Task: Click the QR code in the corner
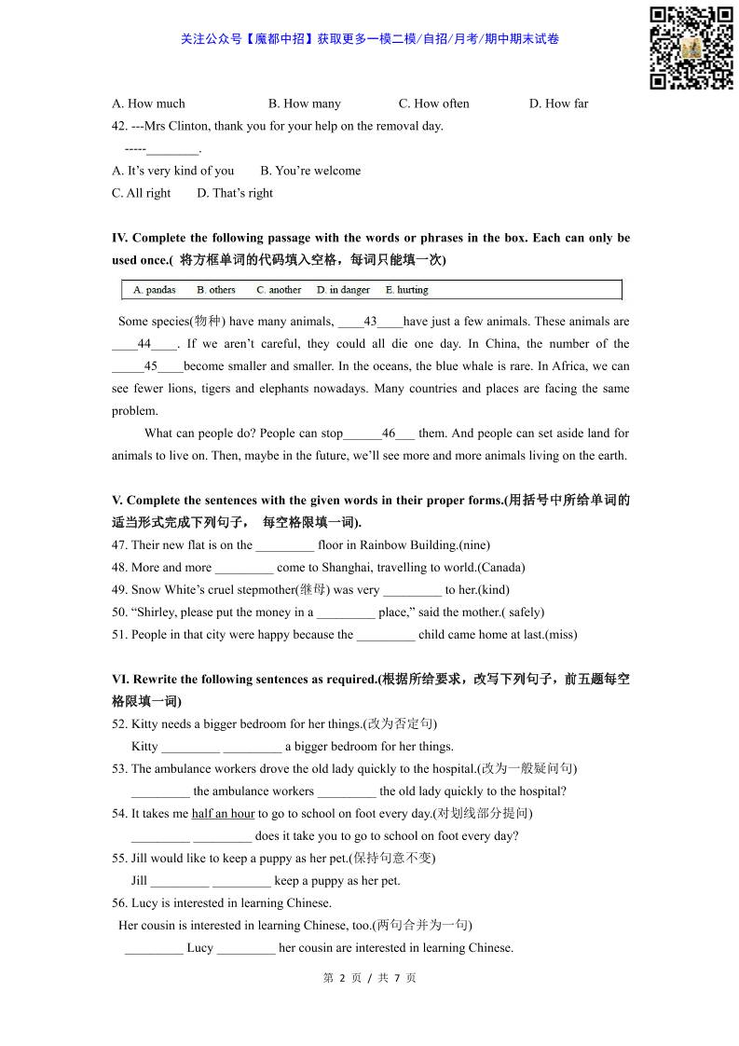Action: tap(691, 48)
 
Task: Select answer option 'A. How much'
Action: tap(148, 103)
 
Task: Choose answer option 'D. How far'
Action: tap(558, 103)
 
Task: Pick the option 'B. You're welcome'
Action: tap(310, 171)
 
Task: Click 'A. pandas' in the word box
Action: tap(154, 290)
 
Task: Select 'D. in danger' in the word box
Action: tap(343, 290)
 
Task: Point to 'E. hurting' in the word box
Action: tap(406, 290)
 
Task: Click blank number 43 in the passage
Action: tap(370, 322)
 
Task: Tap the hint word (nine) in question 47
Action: tap(474, 545)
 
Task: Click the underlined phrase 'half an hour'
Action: tap(223, 814)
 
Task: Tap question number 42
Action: tap(120, 126)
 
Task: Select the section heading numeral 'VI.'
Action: tap(120, 680)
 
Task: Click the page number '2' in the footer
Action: tap(342, 978)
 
